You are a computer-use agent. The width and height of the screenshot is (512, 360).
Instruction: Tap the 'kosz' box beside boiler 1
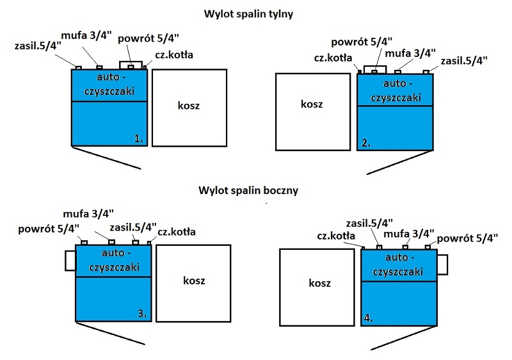[189, 106]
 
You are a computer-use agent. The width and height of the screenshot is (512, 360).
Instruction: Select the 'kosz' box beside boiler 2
[312, 104]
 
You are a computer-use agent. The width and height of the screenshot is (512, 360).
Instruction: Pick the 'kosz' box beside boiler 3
[193, 281]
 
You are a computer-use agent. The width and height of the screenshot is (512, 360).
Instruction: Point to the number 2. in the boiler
[367, 142]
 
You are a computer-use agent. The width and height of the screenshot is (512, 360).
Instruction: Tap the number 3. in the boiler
[142, 313]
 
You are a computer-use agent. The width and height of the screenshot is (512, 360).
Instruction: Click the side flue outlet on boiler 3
[70, 259]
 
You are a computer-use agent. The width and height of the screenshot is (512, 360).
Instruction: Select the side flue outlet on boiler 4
[442, 265]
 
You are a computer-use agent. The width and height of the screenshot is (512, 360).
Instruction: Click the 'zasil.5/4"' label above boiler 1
[38, 45]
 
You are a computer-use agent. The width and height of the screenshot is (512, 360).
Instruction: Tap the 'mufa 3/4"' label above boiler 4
[410, 233]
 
